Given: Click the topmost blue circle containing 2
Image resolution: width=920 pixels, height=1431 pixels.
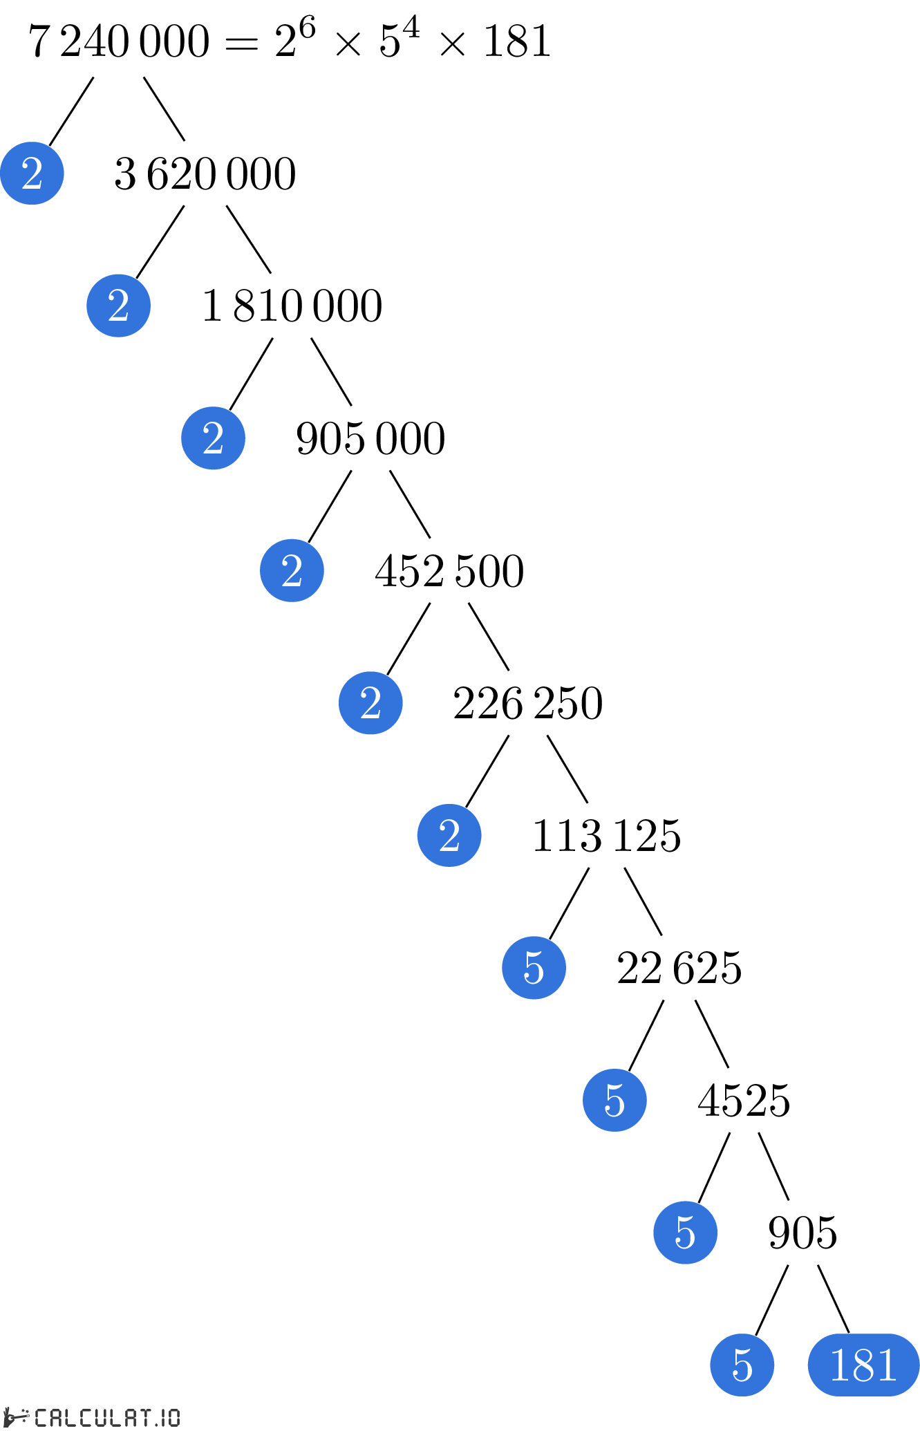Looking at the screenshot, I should coord(32,173).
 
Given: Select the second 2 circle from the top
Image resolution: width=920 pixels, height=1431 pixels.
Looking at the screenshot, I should coord(118,306).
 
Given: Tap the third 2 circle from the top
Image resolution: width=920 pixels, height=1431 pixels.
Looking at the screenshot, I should coord(213,438).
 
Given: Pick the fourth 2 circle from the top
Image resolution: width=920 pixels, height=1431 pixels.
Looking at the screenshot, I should coord(292,570).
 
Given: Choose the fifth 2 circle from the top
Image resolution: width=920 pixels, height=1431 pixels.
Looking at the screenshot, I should coord(370,703).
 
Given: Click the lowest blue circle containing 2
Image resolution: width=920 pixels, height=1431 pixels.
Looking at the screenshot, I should coord(449,835).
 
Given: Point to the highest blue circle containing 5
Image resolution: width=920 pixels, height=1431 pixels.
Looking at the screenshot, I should coord(534,968).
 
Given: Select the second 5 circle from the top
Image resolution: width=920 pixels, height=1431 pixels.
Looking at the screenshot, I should coord(614,1100).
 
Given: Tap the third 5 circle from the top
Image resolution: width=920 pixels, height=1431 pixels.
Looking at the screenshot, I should coord(685,1233).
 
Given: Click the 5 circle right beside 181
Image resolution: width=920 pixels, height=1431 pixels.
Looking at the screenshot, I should coord(742,1365).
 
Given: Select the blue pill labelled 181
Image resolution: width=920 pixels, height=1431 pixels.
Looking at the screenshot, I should coord(863,1365).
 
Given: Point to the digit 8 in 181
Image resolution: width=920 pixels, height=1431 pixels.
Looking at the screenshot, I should coord(863,1365).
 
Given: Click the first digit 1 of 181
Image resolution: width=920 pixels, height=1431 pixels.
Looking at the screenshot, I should coord(839,1365).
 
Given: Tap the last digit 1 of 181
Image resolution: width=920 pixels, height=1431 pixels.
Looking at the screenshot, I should coord(888,1365).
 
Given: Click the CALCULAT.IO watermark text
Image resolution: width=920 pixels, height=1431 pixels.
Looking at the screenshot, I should coord(107,1418).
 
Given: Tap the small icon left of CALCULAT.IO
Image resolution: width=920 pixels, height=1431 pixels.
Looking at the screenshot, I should coord(15,1417).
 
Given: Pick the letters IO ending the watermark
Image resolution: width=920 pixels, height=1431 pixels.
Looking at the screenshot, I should coord(170,1418).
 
